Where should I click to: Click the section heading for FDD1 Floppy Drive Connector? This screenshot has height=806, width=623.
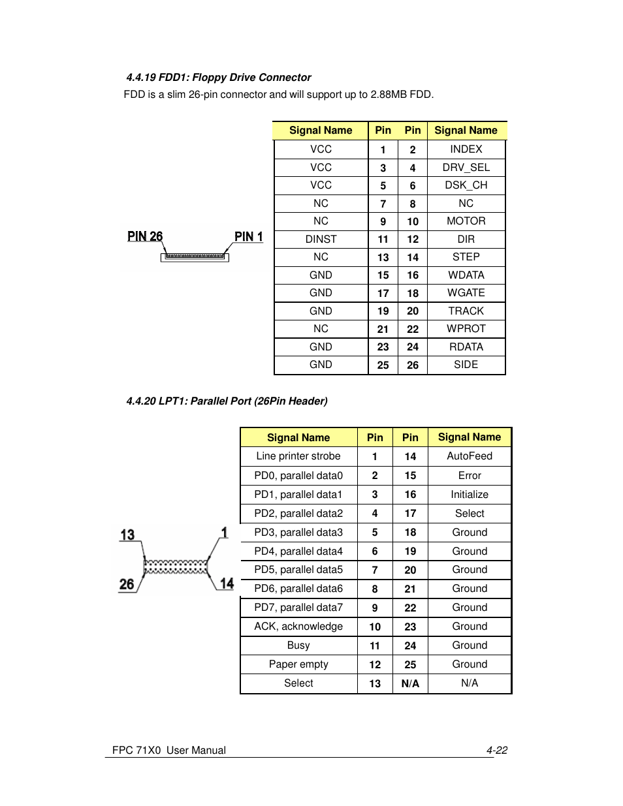point(219,78)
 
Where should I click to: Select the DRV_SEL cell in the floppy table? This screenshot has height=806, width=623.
point(466,168)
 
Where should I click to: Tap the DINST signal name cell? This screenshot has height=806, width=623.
point(321,240)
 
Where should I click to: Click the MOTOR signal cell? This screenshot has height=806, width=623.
point(466,221)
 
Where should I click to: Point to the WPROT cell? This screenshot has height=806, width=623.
point(466,329)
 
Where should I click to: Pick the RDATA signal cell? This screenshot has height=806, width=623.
point(466,347)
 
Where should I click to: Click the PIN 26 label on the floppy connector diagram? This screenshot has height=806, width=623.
point(145,236)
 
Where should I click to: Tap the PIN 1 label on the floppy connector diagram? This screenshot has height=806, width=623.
point(248,236)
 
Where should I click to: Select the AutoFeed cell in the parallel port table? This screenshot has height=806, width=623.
point(469,456)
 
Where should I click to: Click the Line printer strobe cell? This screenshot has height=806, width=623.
point(298,456)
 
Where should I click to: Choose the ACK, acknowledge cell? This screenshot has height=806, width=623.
point(298,627)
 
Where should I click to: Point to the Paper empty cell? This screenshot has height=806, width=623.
point(298,664)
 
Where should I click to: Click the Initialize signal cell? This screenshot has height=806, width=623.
point(469,495)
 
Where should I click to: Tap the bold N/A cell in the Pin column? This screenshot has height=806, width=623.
point(410,683)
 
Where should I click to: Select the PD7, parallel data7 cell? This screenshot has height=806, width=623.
point(298,608)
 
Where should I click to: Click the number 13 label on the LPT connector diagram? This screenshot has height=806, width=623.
point(127,535)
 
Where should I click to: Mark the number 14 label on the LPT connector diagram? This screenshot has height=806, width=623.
point(227,583)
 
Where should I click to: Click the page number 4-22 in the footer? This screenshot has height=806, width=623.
point(496,751)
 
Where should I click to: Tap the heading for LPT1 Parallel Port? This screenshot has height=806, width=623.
point(227,401)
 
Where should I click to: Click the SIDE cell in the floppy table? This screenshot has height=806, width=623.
point(466,365)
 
